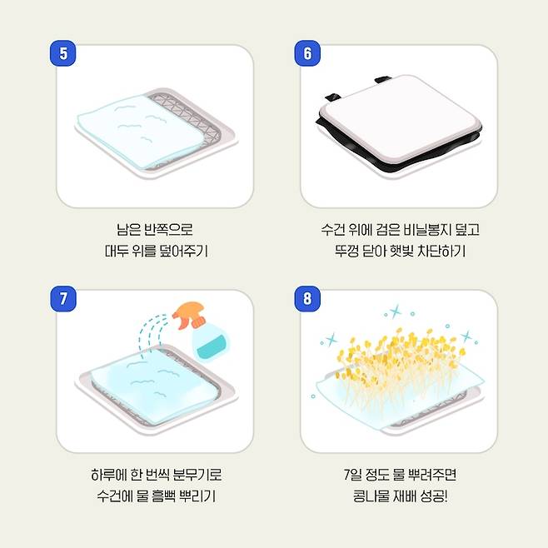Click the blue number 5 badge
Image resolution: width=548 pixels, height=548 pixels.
(x=63, y=53)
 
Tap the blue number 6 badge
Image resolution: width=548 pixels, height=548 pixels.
(x=307, y=53)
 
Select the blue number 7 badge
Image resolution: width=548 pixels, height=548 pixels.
(x=63, y=299)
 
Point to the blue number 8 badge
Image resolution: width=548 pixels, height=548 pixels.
(x=307, y=299)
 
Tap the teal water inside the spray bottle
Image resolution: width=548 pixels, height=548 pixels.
(x=211, y=346)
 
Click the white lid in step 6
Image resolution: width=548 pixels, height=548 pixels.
(x=401, y=120)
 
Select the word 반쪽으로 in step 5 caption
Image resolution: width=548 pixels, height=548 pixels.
(x=168, y=230)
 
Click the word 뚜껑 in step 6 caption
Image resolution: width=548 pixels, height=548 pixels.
(x=346, y=251)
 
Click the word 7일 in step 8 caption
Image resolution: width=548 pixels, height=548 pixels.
(x=352, y=474)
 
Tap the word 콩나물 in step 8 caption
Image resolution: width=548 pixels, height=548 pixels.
(x=371, y=496)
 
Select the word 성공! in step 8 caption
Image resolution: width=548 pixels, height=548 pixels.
(x=434, y=496)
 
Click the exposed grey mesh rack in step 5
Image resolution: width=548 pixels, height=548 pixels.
(x=192, y=116)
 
